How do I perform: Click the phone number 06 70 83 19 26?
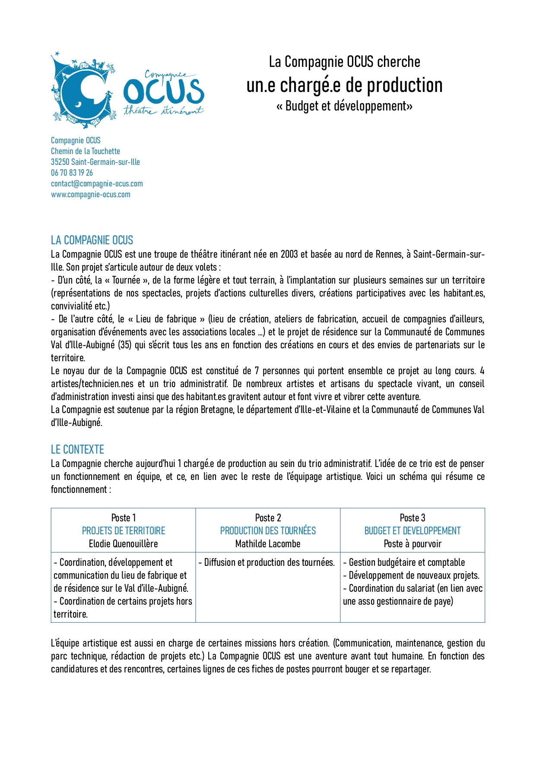(x=72, y=173)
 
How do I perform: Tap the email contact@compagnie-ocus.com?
(x=97, y=183)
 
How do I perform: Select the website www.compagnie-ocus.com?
(x=91, y=194)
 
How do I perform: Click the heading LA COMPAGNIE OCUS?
(x=92, y=240)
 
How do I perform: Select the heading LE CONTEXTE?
(x=77, y=449)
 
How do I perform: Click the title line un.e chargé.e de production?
(x=344, y=85)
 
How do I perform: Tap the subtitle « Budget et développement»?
(x=344, y=106)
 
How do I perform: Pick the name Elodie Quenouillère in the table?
(x=123, y=544)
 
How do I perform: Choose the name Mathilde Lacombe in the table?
(x=268, y=544)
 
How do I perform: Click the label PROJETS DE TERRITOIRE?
(x=124, y=531)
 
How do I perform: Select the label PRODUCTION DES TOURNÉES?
(x=268, y=531)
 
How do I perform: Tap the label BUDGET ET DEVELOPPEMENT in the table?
(x=412, y=531)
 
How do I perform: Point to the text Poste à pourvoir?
(x=412, y=544)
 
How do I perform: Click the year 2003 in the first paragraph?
(x=289, y=254)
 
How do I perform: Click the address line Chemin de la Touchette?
(x=86, y=151)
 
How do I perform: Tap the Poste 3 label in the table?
(x=412, y=518)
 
